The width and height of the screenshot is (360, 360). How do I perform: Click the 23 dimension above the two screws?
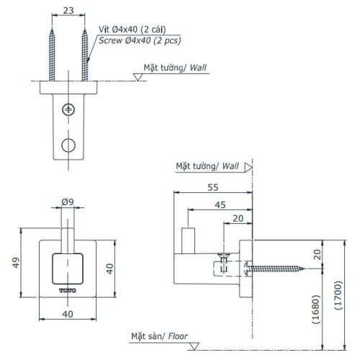[x=68, y=11]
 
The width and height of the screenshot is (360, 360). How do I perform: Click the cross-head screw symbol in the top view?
[x=68, y=109]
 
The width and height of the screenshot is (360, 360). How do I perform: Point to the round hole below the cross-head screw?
[x=68, y=144]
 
